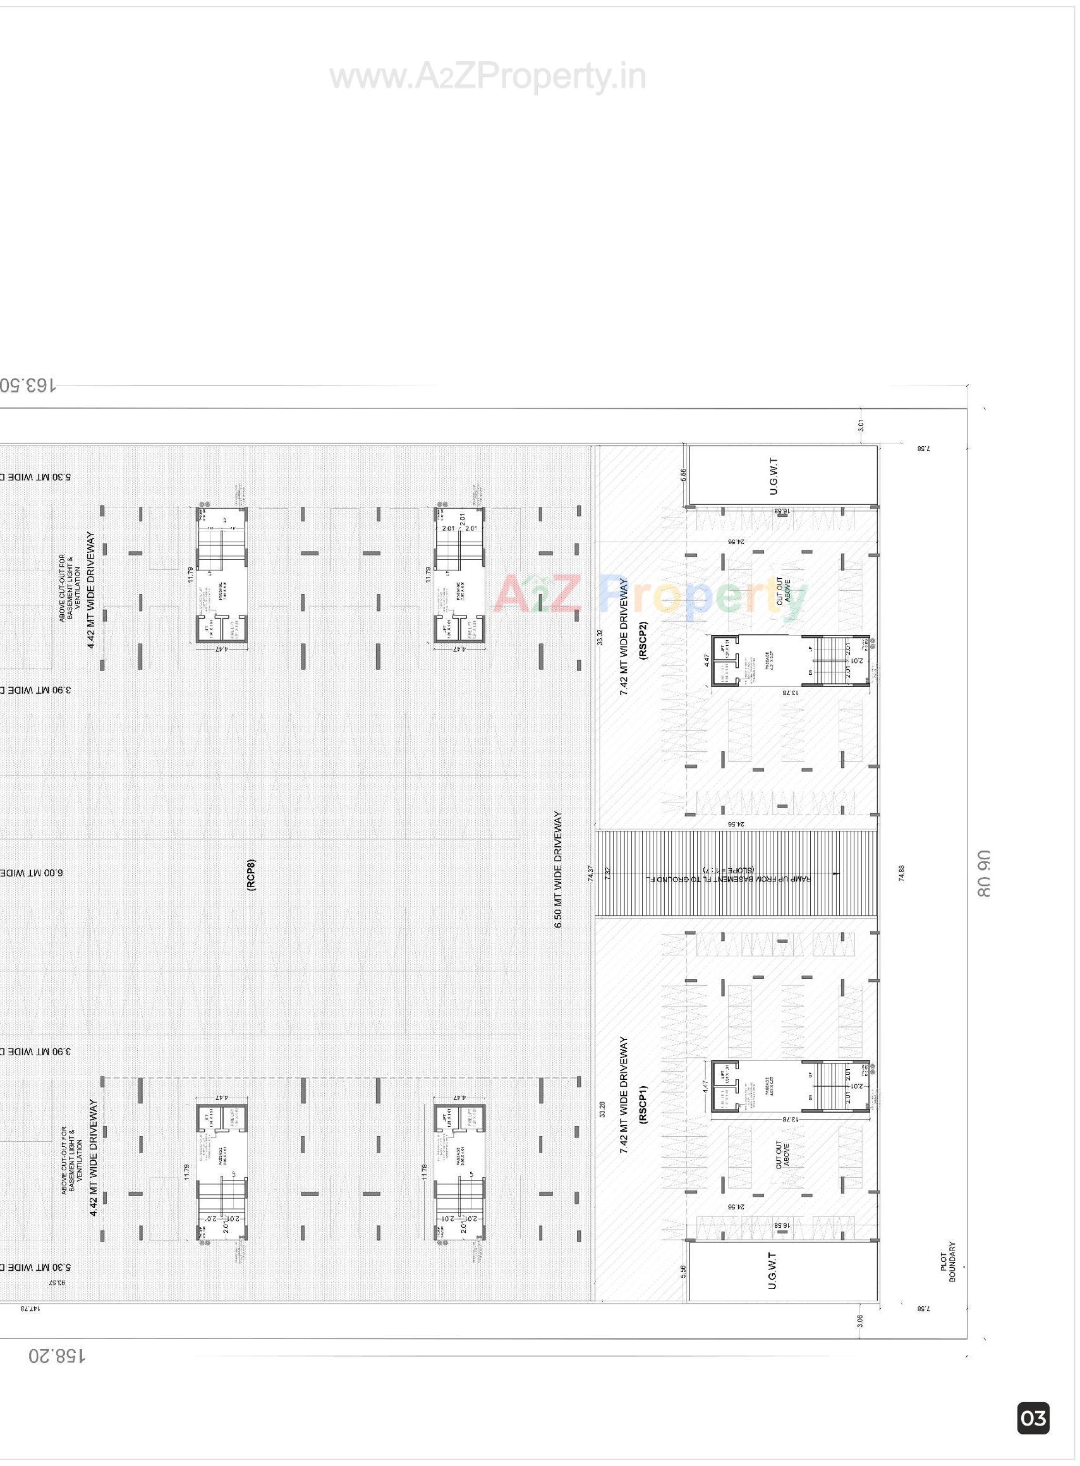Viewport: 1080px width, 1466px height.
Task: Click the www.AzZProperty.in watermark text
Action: [x=488, y=77]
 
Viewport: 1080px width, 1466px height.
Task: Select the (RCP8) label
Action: [x=252, y=874]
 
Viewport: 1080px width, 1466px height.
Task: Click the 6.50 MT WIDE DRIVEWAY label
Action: [x=557, y=869]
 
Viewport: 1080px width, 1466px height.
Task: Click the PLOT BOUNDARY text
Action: [x=948, y=1262]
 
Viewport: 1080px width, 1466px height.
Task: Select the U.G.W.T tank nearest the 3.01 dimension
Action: [x=782, y=475]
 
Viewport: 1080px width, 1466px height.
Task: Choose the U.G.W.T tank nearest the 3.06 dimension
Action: [x=782, y=1269]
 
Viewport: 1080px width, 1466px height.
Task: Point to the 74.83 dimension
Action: [x=902, y=873]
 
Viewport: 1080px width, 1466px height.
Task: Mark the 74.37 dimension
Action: [x=591, y=873]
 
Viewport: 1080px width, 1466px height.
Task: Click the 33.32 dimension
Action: [x=600, y=637]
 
